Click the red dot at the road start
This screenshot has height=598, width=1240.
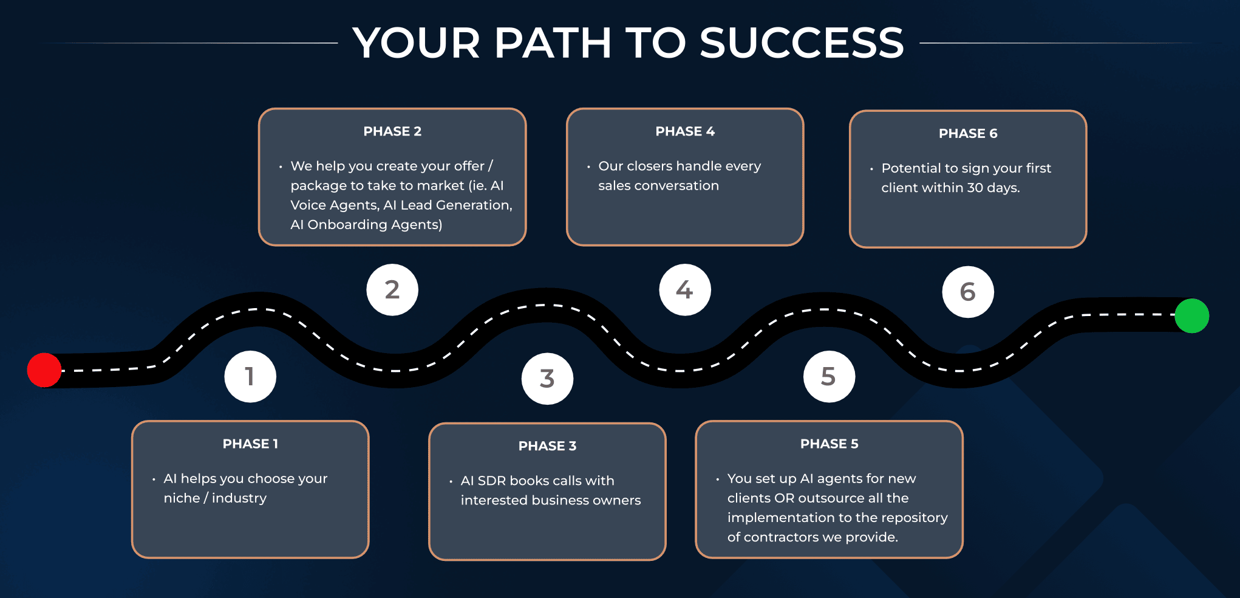pos(44,369)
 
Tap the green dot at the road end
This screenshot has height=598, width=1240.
pos(1191,315)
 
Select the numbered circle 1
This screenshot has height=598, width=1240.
pos(250,377)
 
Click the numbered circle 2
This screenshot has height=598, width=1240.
pos(392,290)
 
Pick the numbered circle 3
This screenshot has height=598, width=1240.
pos(547,379)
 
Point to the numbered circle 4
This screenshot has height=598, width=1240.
pos(685,290)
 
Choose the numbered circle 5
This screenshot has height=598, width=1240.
pos(829,377)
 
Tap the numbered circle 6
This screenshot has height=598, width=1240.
pos(968,292)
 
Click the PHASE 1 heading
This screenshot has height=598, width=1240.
pos(250,444)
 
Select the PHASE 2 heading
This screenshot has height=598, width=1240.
pos(392,131)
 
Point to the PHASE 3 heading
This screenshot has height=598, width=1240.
pos(547,446)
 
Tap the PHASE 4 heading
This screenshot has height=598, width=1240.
pos(685,131)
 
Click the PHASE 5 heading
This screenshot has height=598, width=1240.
pos(829,444)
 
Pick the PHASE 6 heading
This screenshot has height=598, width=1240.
pos(968,134)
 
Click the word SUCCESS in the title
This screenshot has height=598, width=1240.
pos(802,43)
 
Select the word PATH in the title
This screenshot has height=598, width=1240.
pos(553,43)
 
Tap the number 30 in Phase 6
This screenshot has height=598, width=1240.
pos(975,188)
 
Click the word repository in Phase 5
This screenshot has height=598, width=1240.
pos(913,517)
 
